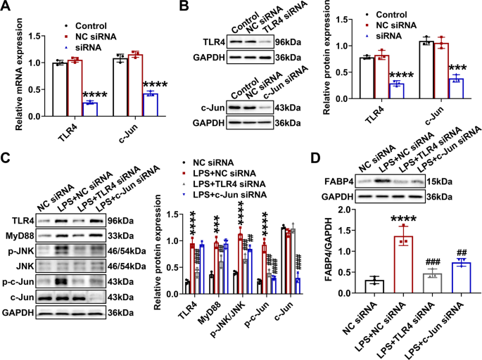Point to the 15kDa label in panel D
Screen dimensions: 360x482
440,182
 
